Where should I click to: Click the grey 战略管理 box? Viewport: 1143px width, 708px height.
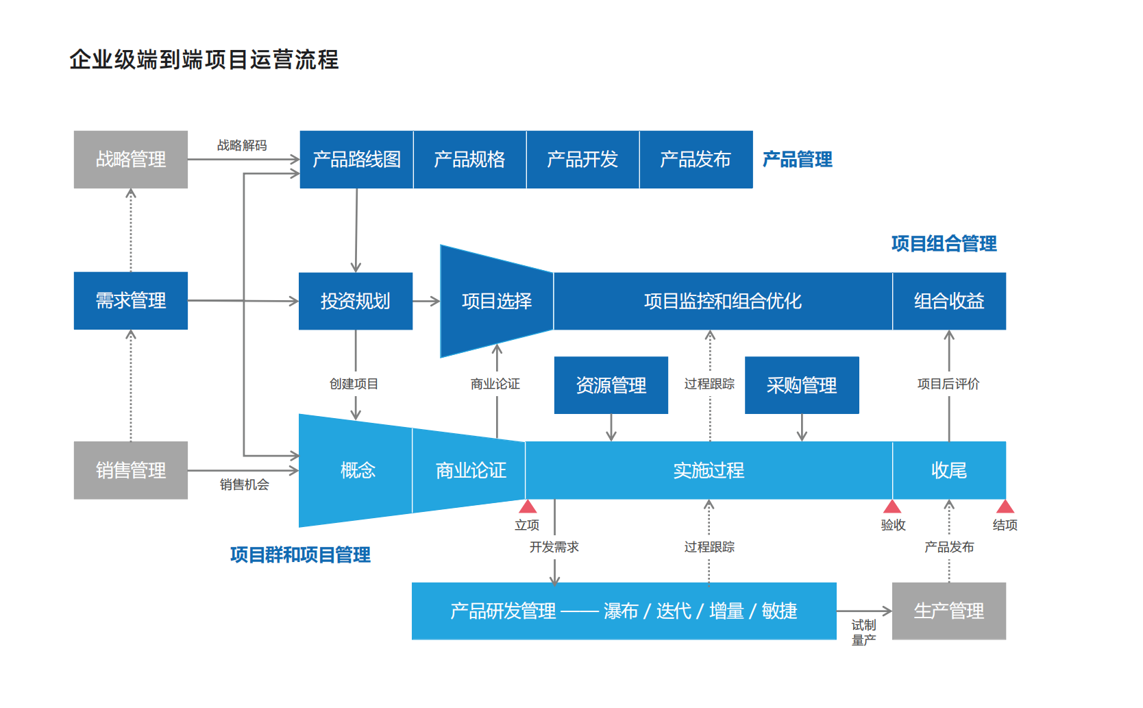130,159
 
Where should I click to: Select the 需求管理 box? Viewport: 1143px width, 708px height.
130,300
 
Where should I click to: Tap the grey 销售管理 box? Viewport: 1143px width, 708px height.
130,470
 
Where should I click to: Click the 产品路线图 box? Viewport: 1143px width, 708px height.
356,159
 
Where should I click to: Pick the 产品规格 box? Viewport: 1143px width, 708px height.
469,159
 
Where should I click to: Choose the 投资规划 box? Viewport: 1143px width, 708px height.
355,301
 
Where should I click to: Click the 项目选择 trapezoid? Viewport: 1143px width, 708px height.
496,301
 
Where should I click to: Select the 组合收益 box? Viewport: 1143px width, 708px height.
949,301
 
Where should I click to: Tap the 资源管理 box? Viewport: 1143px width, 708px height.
611,385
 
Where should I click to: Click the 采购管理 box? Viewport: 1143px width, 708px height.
802,385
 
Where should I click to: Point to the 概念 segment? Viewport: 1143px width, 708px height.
357,470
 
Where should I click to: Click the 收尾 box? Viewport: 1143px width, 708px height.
949,470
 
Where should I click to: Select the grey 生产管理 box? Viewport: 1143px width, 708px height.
949,611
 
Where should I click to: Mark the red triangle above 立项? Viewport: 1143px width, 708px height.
528,507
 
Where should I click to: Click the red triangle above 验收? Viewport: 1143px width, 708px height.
892,507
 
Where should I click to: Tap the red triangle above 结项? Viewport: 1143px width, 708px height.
1005,507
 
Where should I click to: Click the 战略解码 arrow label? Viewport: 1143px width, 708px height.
242,145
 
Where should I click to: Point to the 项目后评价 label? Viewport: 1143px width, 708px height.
948,384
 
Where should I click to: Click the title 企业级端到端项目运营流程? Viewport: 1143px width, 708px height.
204,60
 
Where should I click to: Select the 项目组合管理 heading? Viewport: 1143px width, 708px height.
944,243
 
